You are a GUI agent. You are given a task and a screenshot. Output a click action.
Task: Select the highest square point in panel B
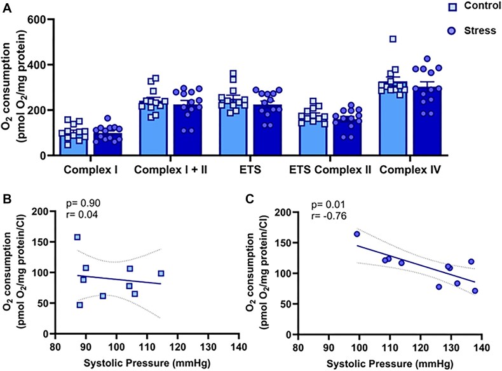[x=78, y=238]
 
